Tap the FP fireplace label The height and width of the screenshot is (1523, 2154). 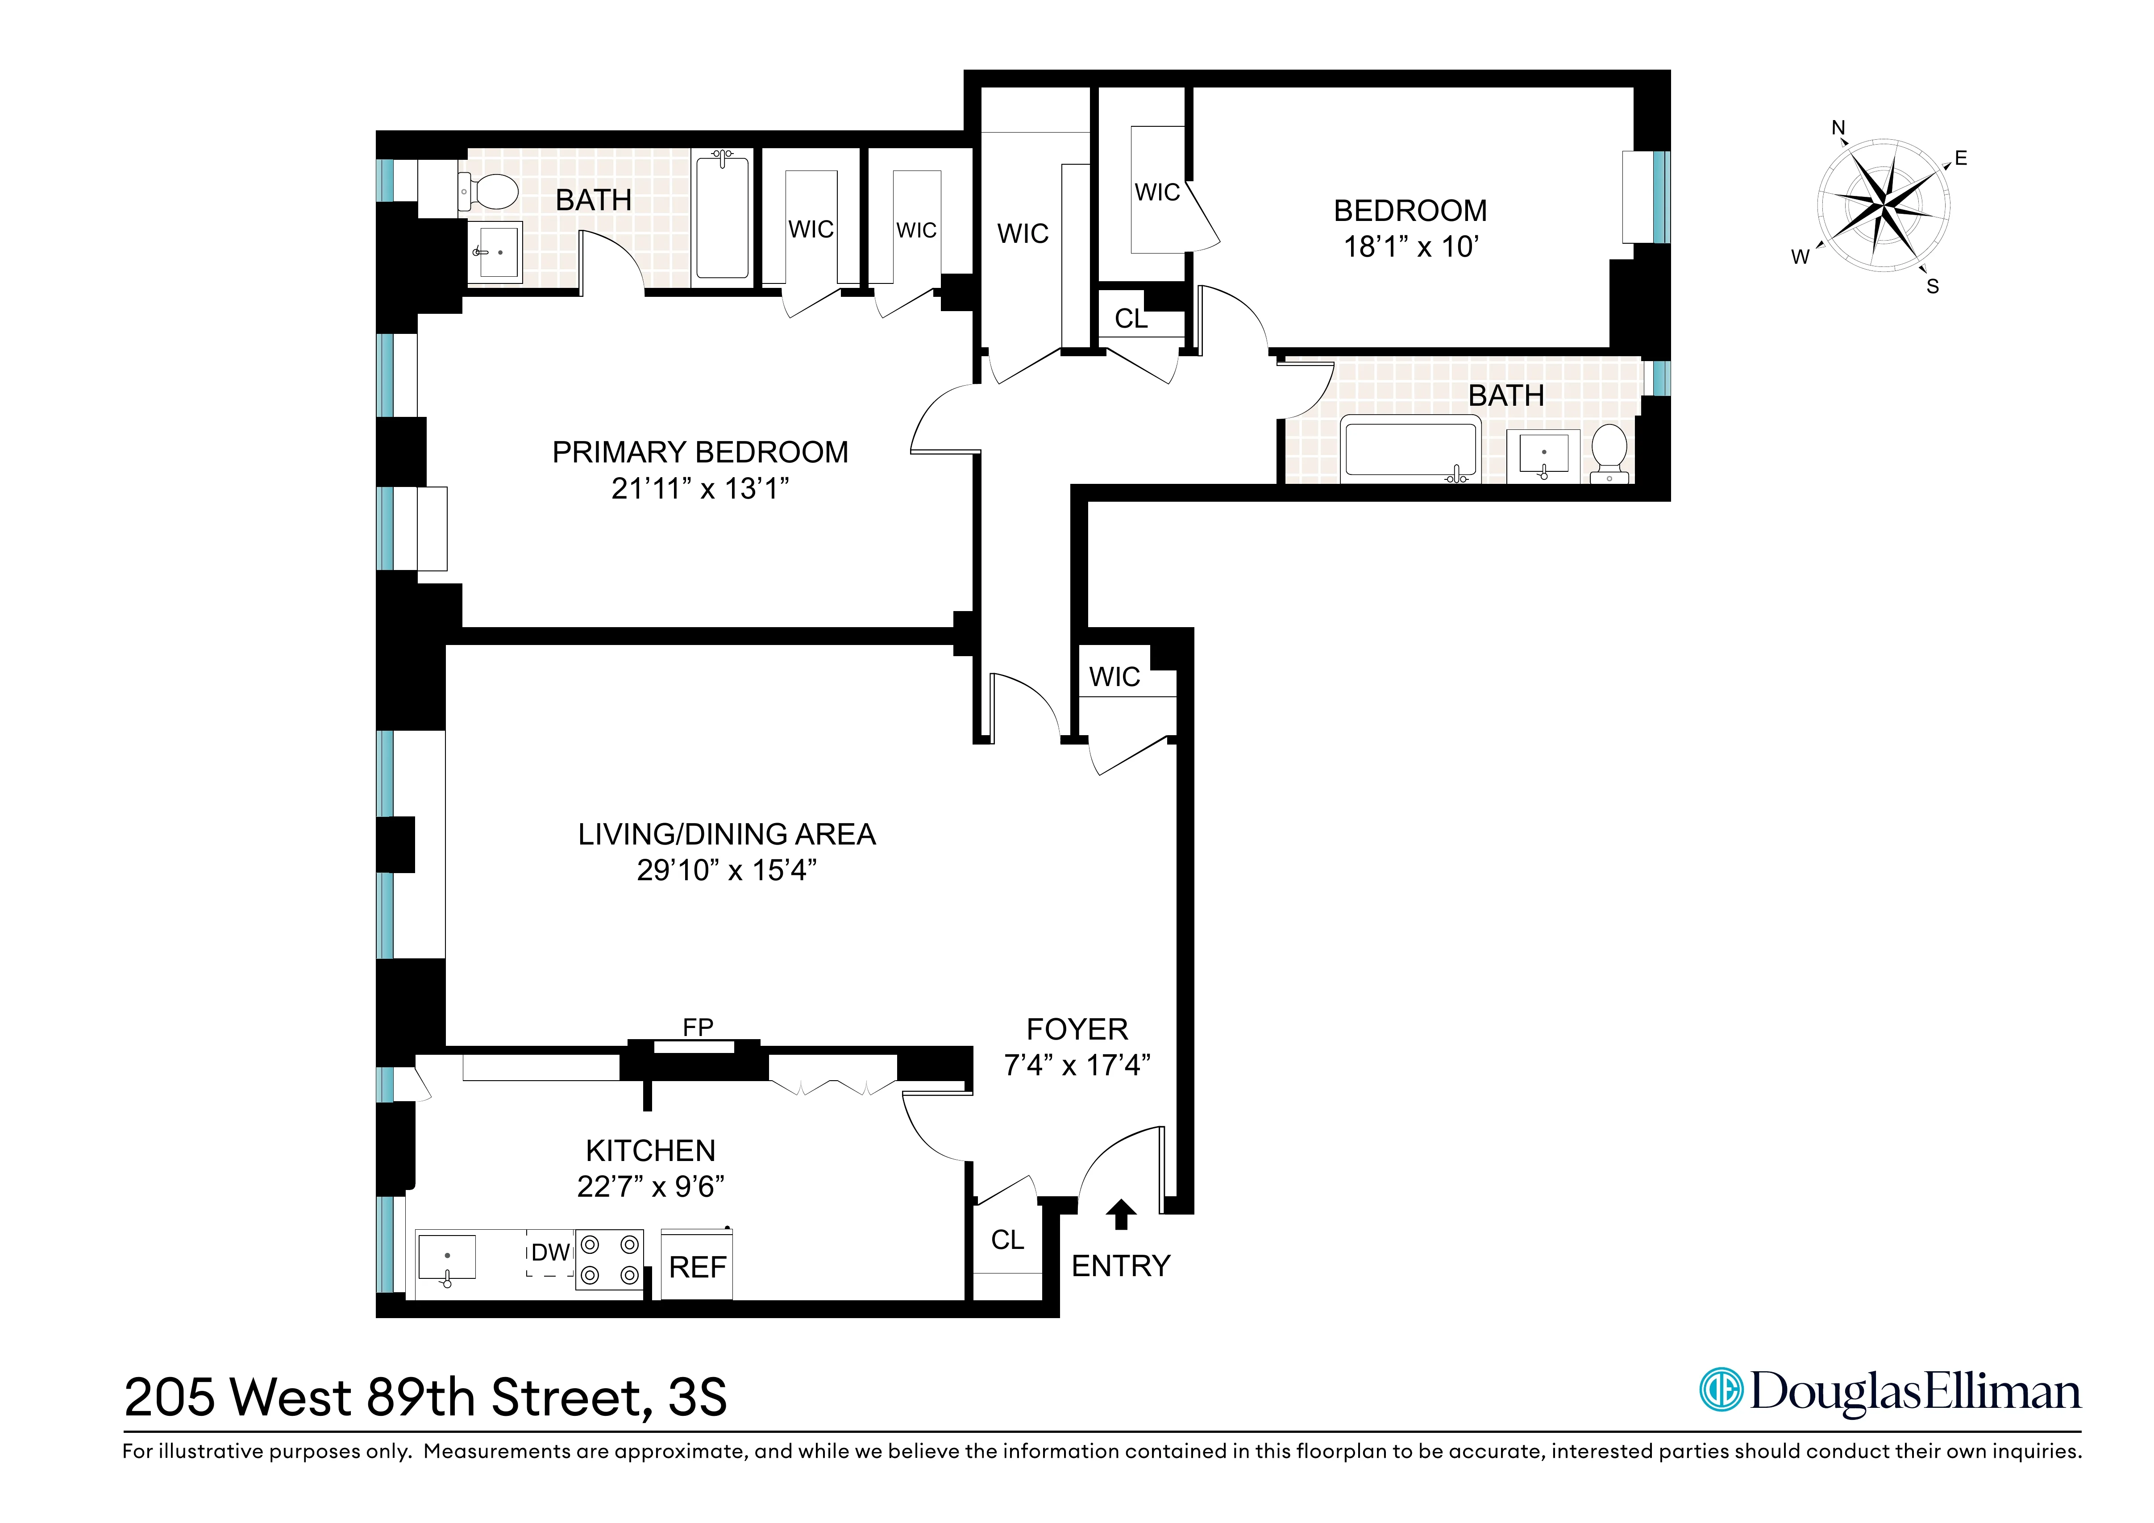697,1028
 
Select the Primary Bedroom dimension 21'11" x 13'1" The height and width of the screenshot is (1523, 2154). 700,488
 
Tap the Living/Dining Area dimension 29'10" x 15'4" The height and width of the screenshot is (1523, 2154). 726,870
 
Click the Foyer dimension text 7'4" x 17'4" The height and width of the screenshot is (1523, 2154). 1077,1065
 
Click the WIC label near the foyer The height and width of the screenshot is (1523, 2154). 1114,677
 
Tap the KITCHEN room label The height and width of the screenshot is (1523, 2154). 650,1150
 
